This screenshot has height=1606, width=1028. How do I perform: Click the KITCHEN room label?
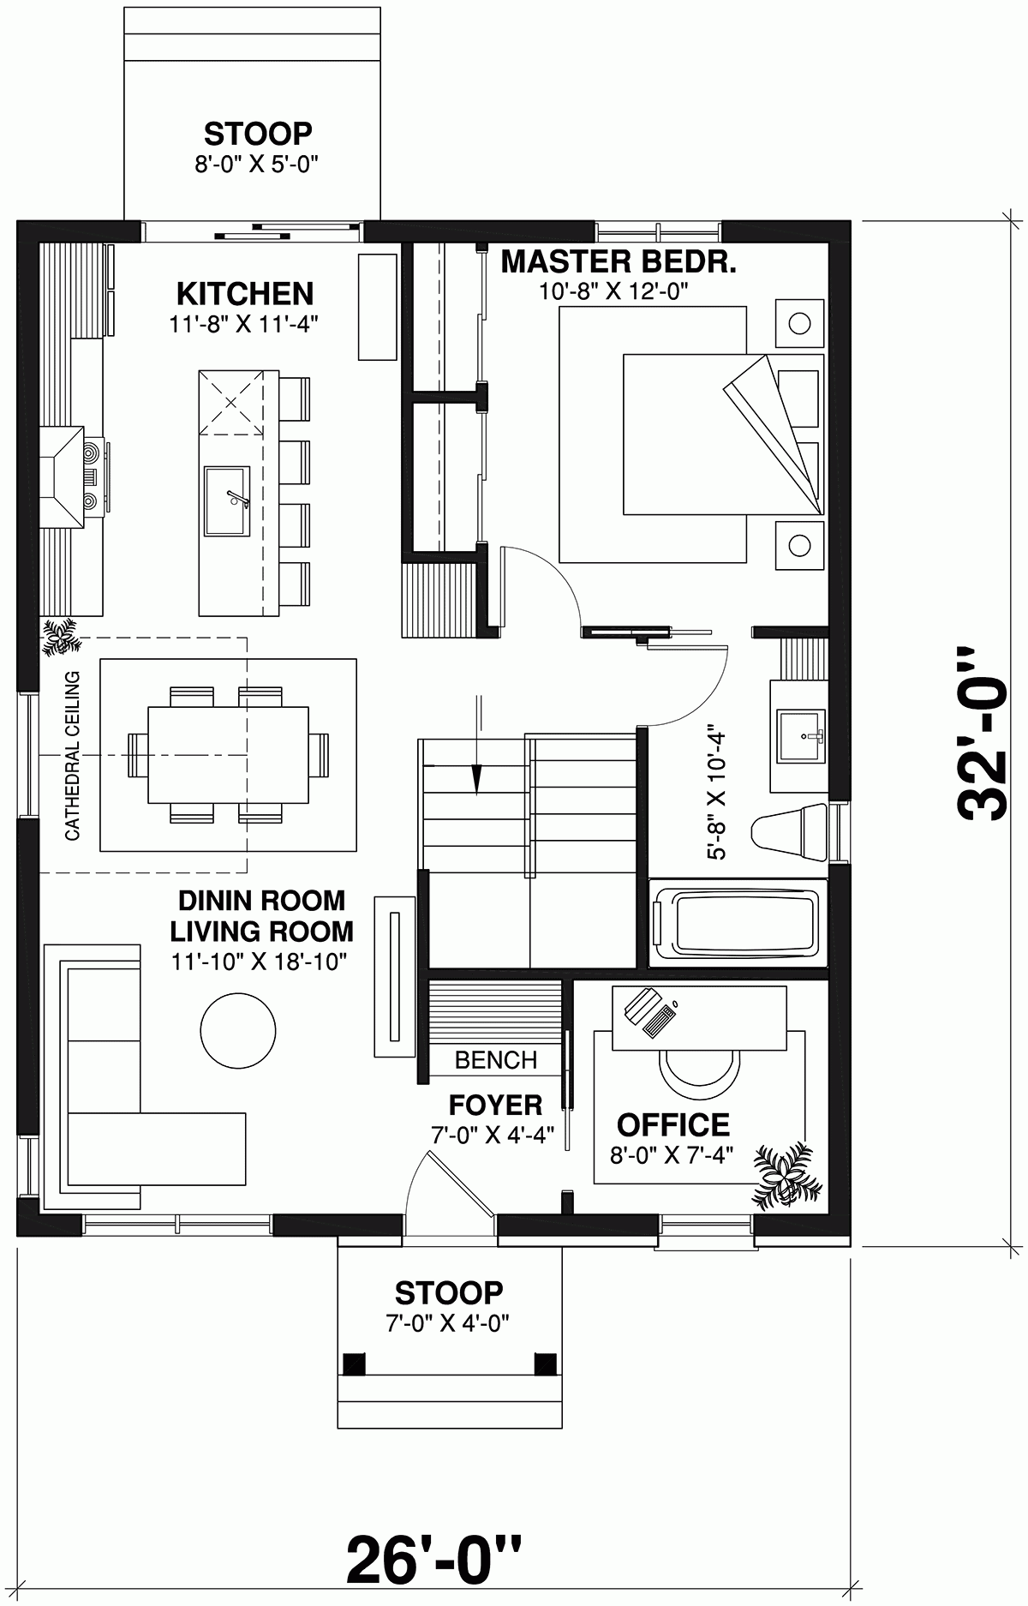245,294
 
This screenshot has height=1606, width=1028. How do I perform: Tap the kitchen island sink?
227,500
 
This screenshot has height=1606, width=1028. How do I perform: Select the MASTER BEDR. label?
619,261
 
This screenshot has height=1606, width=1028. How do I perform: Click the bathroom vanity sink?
800,735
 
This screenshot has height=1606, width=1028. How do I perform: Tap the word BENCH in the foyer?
496,1060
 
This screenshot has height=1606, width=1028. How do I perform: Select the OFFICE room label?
673,1124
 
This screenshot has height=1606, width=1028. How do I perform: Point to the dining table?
228,754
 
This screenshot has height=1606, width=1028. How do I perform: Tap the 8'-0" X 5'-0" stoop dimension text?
256,164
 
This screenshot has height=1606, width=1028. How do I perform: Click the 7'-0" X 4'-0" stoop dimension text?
448,1323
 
